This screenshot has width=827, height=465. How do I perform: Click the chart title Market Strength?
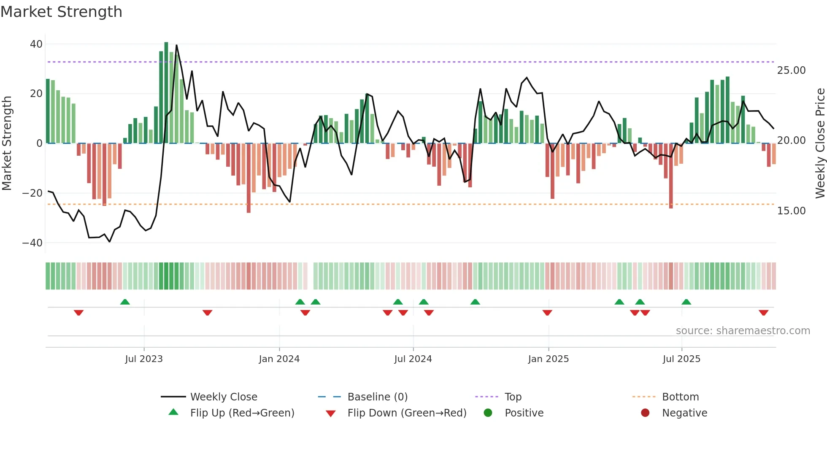61,12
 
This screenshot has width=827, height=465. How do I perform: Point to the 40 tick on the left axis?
36,44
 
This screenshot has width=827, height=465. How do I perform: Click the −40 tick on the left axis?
33,243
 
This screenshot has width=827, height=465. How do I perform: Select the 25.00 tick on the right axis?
791,70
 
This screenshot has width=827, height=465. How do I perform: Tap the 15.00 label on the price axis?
791,211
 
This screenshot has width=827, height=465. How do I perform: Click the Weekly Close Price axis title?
820,143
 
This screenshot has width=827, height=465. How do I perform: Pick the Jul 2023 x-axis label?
144,359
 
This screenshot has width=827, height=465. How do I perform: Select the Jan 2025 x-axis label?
548,359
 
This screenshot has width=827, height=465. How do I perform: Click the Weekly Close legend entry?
223,397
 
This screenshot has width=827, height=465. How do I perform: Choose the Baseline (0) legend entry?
377,397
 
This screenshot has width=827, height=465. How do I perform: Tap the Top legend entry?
513,397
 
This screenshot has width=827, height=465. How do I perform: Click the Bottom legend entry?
680,397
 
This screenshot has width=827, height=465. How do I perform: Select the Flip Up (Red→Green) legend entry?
242,413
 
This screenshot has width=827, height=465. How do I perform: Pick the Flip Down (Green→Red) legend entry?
407,413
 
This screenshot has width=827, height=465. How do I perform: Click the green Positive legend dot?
488,413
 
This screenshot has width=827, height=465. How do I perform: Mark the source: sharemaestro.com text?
743,331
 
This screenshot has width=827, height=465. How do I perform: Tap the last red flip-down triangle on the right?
763,313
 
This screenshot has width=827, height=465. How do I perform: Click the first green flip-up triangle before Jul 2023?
125,302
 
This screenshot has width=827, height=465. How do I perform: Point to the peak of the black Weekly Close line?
176,45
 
